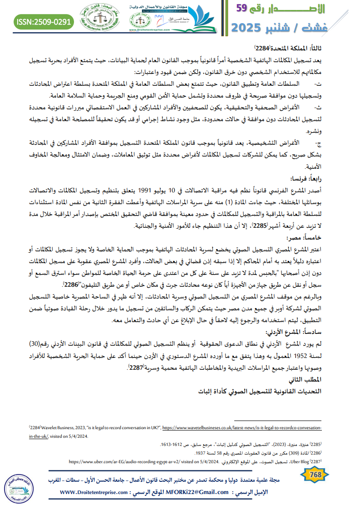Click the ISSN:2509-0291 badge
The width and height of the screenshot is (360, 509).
pyautogui.click(x=44, y=21)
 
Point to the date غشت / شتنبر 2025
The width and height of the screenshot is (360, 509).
pyautogui.click(x=295, y=27)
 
